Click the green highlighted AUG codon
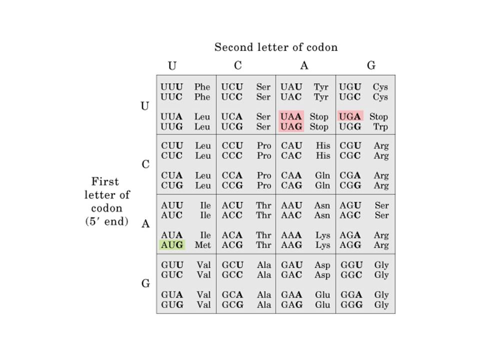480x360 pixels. click(x=172, y=245)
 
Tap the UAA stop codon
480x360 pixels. click(x=291, y=116)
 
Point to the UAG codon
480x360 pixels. click(x=291, y=126)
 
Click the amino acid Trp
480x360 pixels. click(x=380, y=126)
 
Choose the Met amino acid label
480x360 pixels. click(x=202, y=245)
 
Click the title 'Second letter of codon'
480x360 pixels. click(x=276, y=47)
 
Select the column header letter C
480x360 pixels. click(x=238, y=65)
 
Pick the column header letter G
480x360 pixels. click(x=371, y=65)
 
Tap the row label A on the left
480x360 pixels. click(x=145, y=224)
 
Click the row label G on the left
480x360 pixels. click(x=145, y=283)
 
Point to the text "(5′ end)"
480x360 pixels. click(x=106, y=221)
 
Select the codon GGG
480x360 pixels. click(x=350, y=304)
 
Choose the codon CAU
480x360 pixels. click(x=291, y=146)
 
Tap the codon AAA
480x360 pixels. click(x=291, y=235)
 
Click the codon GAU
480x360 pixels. click(x=291, y=265)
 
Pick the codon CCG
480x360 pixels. click(x=232, y=185)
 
